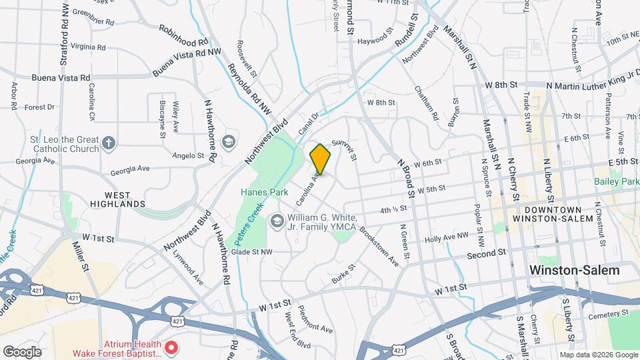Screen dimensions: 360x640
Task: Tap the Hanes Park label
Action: click(x=264, y=192)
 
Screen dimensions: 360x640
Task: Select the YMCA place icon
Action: click(x=277, y=219)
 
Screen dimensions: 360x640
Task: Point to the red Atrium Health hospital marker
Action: click(x=171, y=347)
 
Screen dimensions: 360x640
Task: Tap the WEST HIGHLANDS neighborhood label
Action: click(x=117, y=199)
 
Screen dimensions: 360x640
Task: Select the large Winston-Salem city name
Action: click(x=574, y=270)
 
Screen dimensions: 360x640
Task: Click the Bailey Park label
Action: click(x=617, y=181)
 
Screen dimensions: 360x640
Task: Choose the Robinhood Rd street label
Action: click(x=185, y=36)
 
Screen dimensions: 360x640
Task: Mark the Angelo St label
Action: click(x=188, y=155)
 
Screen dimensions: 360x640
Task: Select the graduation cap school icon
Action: click(x=229, y=141)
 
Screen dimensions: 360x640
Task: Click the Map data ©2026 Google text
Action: click(x=598, y=355)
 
